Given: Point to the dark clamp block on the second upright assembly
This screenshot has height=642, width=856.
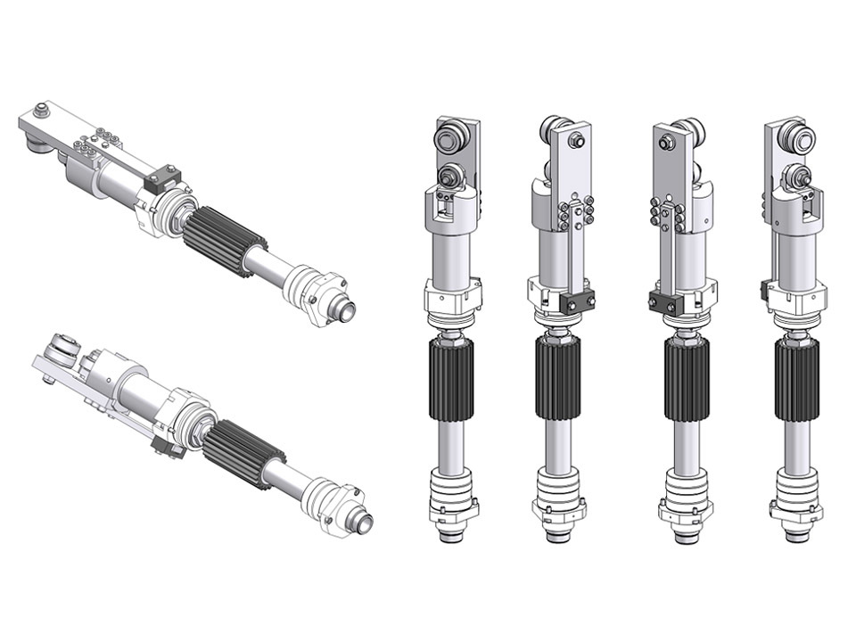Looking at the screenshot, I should tap(577, 303).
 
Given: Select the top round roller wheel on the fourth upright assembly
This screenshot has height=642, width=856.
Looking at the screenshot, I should tap(796, 138).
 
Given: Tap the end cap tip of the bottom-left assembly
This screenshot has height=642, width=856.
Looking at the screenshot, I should tap(361, 521).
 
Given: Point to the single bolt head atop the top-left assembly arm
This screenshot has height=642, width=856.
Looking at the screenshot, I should tap(39, 111).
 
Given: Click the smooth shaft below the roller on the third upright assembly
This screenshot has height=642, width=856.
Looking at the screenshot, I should tap(685, 441).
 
